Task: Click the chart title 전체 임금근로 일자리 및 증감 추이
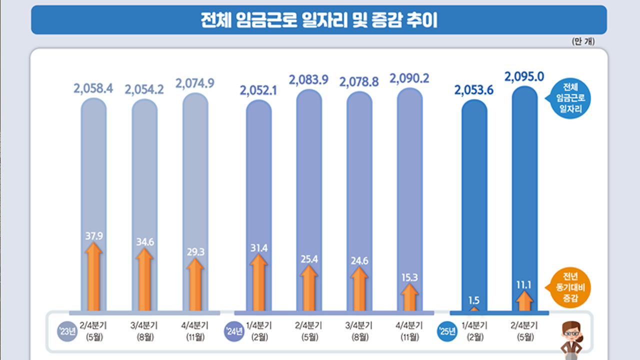[319, 20]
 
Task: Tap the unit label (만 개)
[582, 41]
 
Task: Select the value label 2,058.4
[93, 89]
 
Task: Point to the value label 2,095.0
[524, 76]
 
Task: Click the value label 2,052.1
[258, 90]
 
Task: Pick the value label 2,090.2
[409, 78]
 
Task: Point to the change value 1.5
[474, 300]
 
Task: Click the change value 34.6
[144, 242]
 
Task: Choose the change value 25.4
[309, 259]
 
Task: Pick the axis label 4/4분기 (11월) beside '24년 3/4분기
[409, 331]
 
